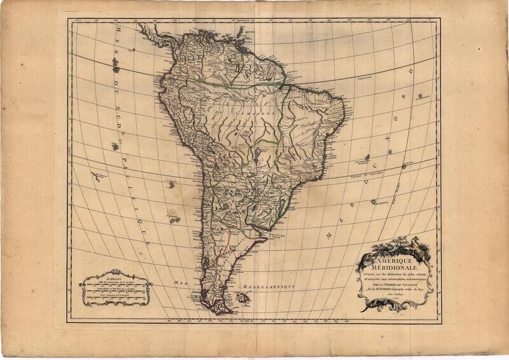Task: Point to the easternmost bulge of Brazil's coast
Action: point(344,120)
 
